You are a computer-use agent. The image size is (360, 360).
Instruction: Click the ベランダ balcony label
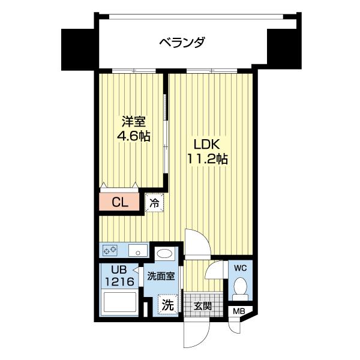(182, 43)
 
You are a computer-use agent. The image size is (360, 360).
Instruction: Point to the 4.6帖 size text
(133, 136)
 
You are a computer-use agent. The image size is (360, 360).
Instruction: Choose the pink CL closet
(120, 202)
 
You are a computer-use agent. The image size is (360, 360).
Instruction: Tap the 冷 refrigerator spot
(154, 202)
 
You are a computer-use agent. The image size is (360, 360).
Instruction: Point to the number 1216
(120, 281)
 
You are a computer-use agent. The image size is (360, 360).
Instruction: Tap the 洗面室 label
(161, 277)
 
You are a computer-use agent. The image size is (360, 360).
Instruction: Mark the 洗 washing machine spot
(167, 305)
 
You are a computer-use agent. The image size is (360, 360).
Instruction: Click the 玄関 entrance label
(202, 305)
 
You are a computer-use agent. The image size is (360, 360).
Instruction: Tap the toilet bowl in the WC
(241, 286)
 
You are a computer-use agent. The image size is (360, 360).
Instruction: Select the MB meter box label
(239, 310)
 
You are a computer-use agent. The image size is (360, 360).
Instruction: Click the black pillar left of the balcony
(77, 48)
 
